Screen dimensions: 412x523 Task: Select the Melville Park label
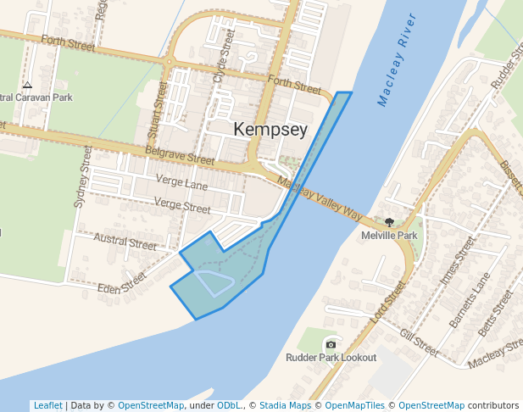click(389, 236)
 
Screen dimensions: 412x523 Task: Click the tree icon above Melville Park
click(389, 222)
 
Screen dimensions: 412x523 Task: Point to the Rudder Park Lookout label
click(331, 358)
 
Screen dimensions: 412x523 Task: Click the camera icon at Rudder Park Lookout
click(331, 344)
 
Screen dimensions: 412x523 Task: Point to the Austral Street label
click(125, 242)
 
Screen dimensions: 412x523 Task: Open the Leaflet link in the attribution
click(47, 405)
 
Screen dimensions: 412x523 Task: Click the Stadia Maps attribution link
click(285, 405)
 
